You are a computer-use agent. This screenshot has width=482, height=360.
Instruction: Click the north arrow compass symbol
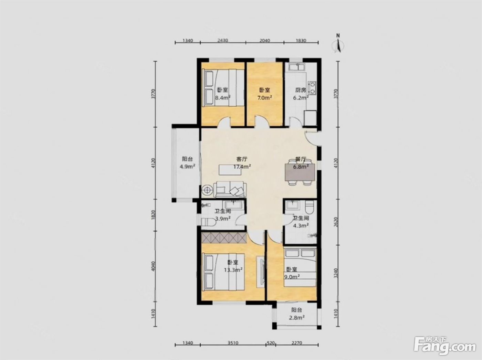pos(338,44)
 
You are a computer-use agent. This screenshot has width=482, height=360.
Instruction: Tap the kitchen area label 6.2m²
pos(301,97)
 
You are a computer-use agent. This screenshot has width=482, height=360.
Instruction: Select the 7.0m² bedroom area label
pos(265,97)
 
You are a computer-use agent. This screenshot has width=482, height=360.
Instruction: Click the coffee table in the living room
pos(230,170)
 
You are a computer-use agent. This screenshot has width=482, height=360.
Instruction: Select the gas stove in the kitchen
pos(312,88)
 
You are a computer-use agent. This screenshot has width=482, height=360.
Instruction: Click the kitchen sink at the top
pos(296,67)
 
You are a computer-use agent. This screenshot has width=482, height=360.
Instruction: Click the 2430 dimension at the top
pos(223,40)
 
